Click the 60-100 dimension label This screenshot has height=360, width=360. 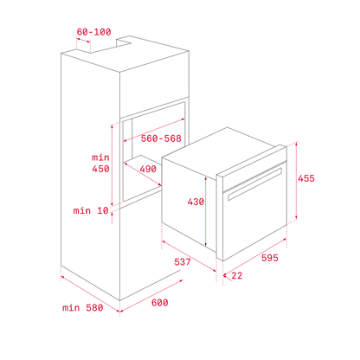[93, 32]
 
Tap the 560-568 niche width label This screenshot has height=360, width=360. [161, 138]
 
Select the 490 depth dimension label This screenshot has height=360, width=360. [148, 169]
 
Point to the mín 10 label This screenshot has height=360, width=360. [91, 210]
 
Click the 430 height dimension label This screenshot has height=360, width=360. [196, 202]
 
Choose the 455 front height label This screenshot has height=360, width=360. [306, 178]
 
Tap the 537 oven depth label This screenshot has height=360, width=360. [183, 262]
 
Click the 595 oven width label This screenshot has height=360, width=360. [270, 258]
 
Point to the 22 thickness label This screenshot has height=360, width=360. [237, 275]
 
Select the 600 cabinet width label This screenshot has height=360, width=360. [160, 303]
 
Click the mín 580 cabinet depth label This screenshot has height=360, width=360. [83, 308]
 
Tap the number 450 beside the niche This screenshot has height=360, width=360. [100, 169]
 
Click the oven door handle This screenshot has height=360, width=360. [254, 184]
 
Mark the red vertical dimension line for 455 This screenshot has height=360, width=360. [297, 181]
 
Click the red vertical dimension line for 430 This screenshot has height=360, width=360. [206, 211]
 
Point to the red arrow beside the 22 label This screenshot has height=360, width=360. [227, 278]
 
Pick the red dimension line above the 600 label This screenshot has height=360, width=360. [151, 296]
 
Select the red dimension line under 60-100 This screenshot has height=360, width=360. [83, 40]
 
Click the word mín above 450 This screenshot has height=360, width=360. [100, 157]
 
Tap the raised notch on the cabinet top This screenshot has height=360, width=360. [124, 41]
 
